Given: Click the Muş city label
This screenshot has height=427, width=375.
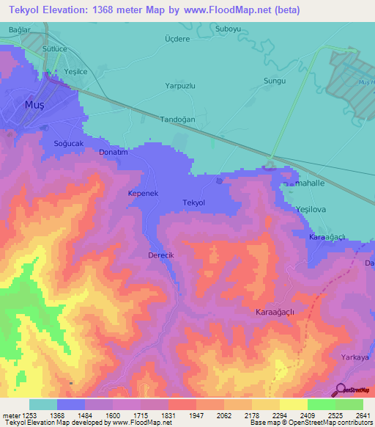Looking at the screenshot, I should tap(35, 105).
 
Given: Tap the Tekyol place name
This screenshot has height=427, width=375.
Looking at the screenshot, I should tap(193, 202).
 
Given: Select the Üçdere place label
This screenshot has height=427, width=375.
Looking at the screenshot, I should tap(177, 39).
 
